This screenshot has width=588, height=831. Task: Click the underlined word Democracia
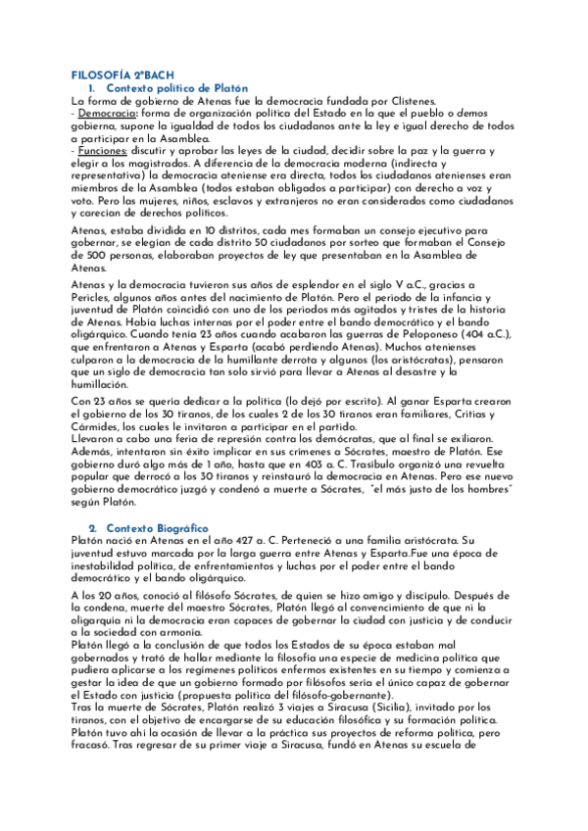108,113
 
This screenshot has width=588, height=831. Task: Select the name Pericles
96,296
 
